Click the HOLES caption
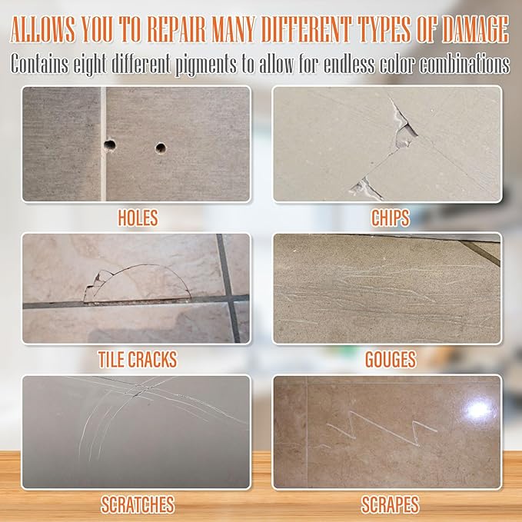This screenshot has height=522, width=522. tap(138, 217)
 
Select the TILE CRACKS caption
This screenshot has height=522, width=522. tap(138, 358)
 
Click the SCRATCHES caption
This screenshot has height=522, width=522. tap(138, 504)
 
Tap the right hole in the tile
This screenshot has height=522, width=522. tap(161, 147)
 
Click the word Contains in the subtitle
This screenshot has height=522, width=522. tap(39, 64)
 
